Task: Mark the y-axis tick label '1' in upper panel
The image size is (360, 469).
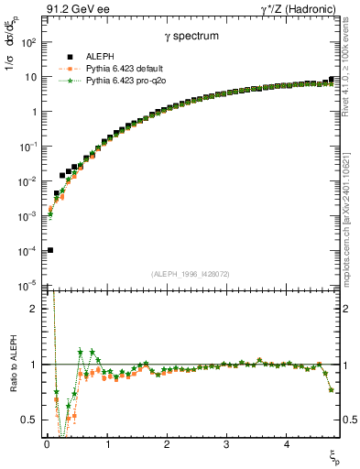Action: pyautogui.click(x=34, y=112)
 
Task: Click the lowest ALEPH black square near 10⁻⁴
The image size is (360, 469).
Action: pyautogui.click(x=49, y=250)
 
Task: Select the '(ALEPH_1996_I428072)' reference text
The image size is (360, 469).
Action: pyautogui.click(x=191, y=273)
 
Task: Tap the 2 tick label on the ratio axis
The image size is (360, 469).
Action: pyautogui.click(x=34, y=309)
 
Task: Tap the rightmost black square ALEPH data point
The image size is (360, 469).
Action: pyautogui.click(x=331, y=80)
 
